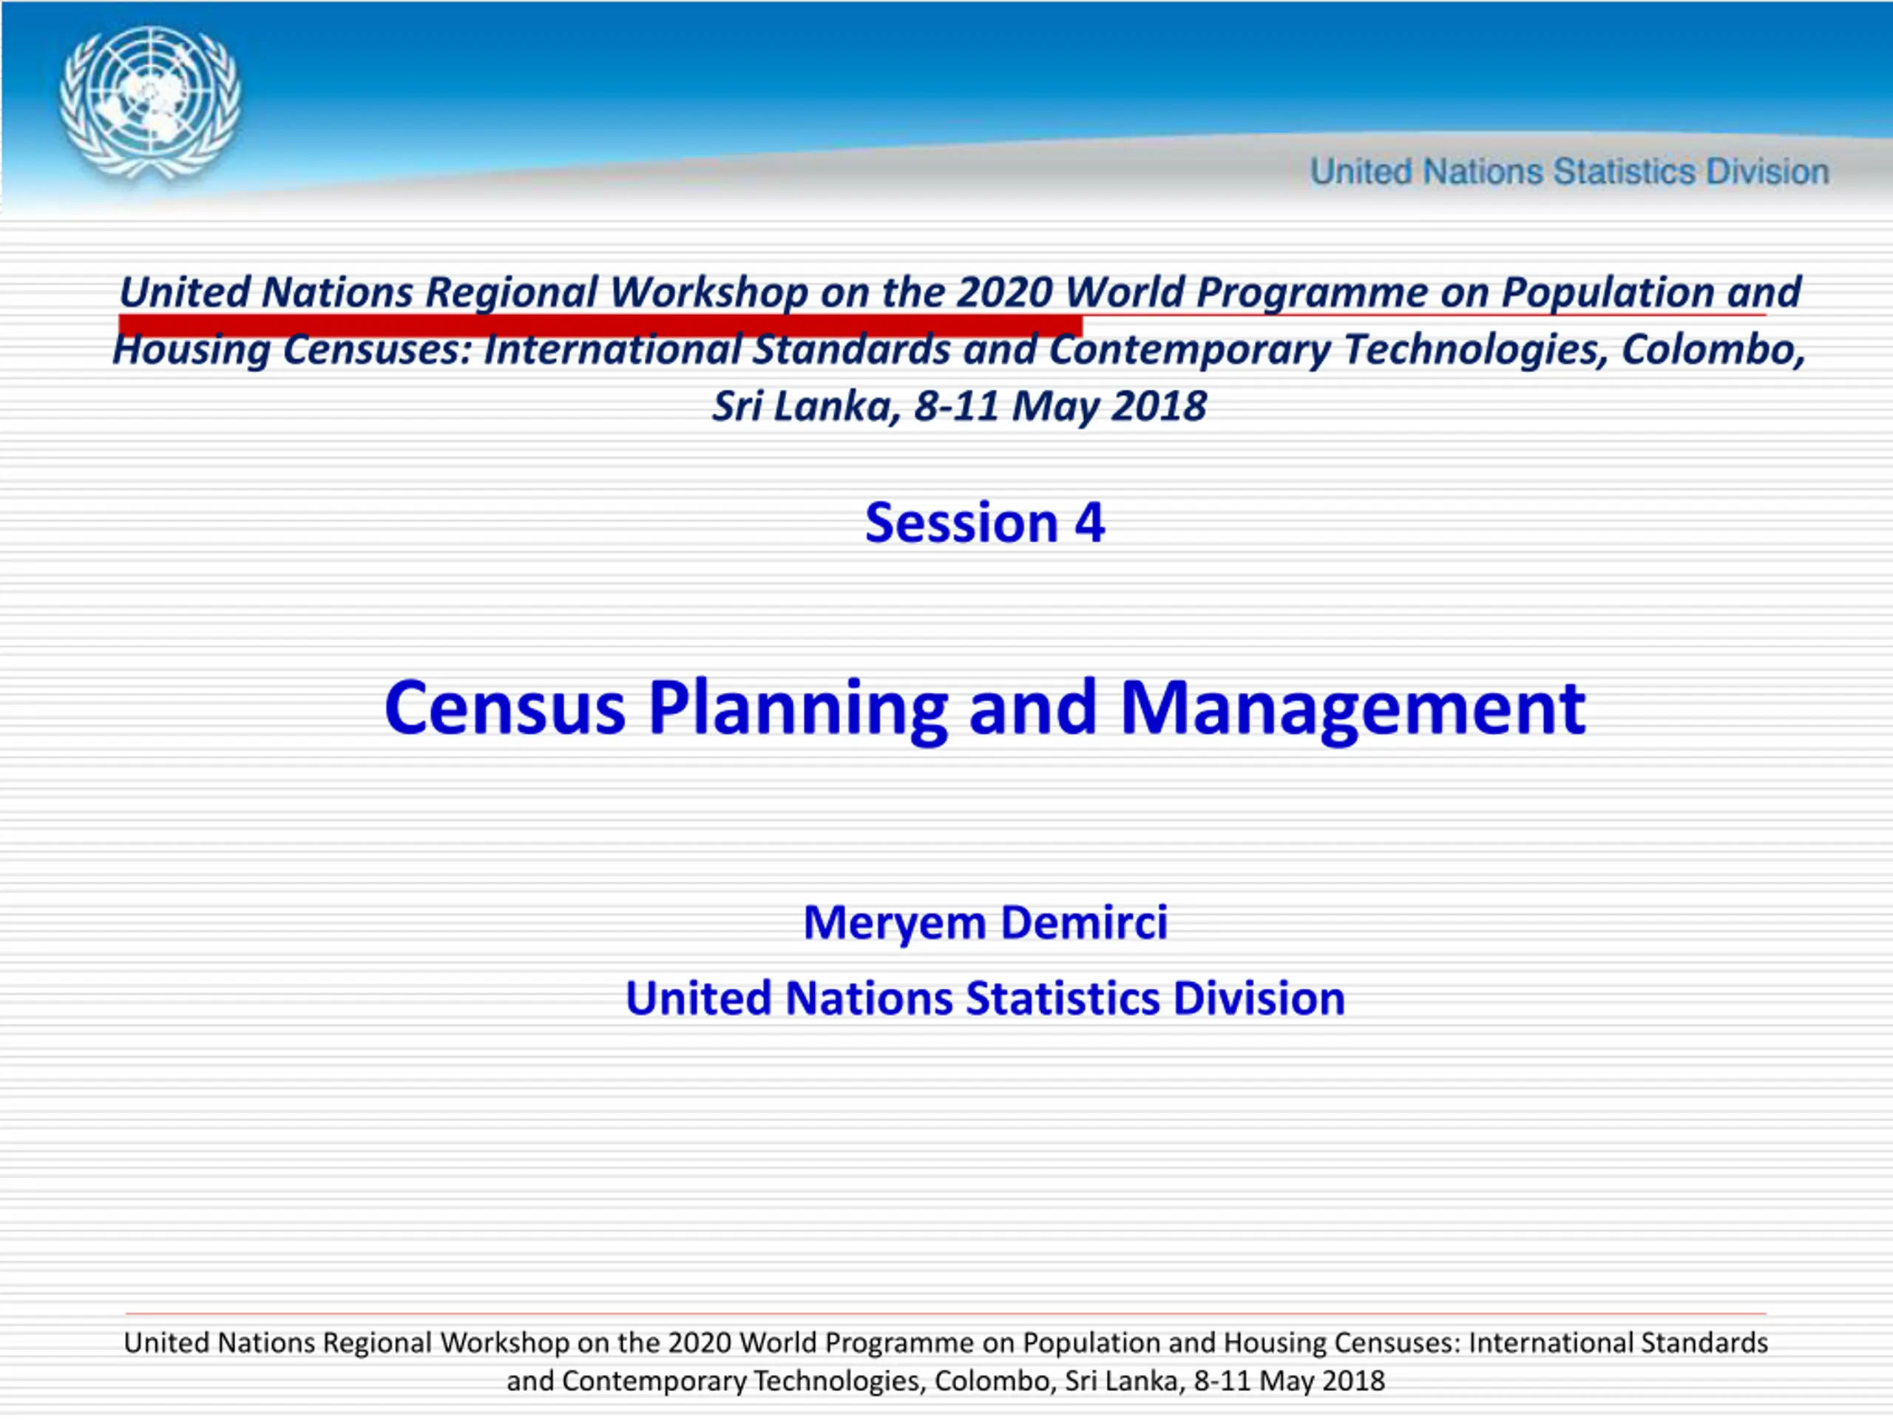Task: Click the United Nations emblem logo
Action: coord(150,104)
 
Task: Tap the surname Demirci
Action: coord(1083,923)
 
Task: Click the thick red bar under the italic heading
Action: coord(600,325)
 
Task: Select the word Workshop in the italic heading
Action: coord(708,294)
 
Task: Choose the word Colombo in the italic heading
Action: coord(1712,350)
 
